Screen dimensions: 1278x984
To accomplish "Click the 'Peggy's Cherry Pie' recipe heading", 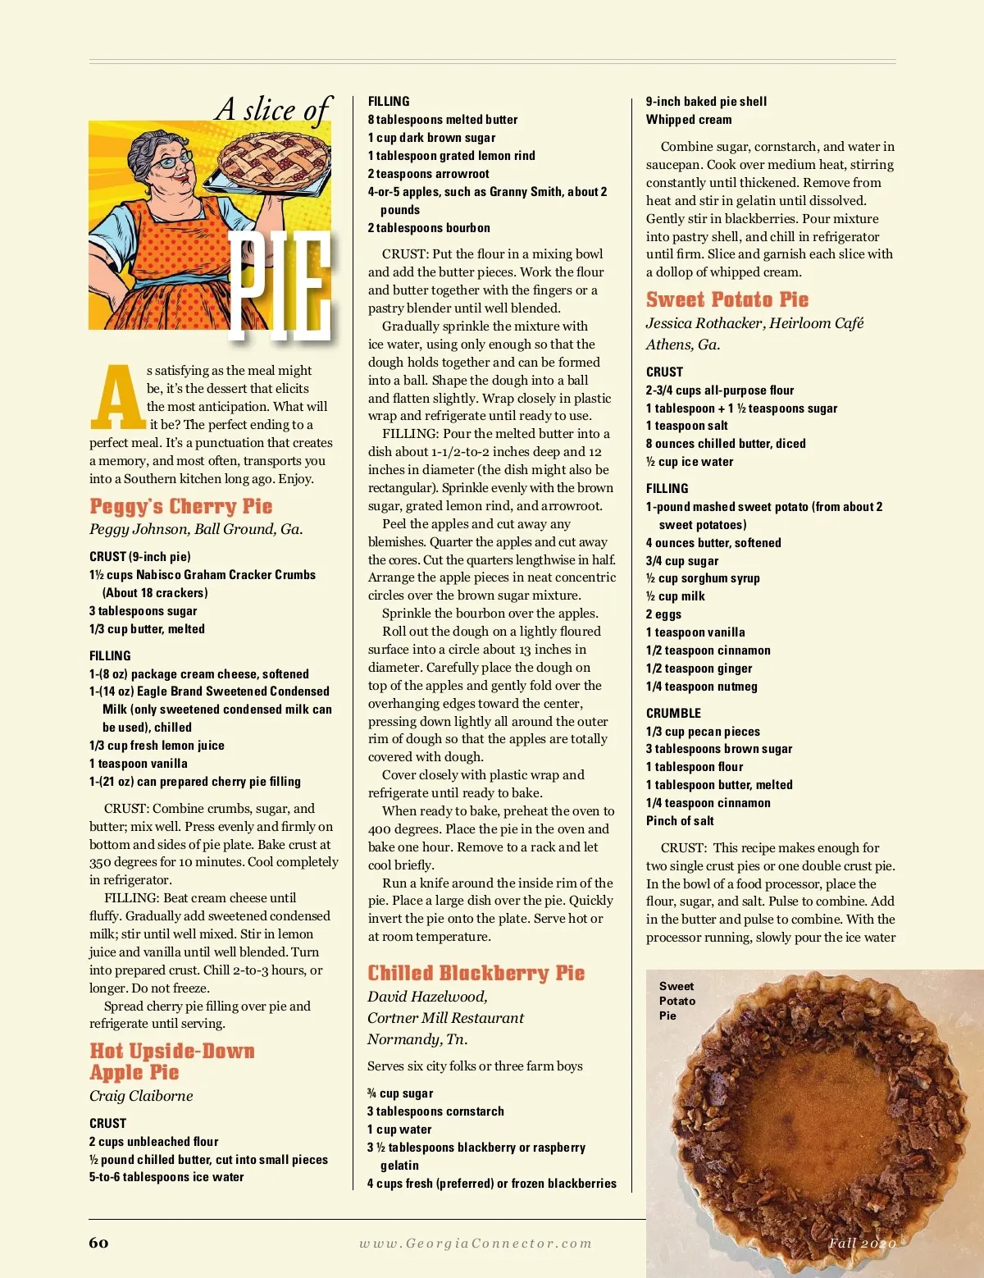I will click(x=181, y=506).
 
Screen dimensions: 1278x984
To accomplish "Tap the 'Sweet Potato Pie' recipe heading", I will click(x=727, y=299).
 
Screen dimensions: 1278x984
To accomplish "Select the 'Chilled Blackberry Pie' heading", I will click(x=476, y=973).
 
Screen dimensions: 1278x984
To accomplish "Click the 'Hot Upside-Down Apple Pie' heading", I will click(x=171, y=1061).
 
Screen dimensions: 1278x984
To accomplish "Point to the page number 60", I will click(x=98, y=1243).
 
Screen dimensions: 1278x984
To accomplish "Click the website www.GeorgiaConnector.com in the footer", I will click(x=475, y=1244).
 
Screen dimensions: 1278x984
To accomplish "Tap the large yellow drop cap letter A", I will click(x=118, y=398).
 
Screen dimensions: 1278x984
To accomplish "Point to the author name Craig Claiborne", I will click(x=141, y=1096).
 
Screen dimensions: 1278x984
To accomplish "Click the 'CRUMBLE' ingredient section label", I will click(x=673, y=713).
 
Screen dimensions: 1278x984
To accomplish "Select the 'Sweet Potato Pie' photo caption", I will click(x=676, y=1001).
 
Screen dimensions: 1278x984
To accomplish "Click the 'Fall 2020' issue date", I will click(x=861, y=1243).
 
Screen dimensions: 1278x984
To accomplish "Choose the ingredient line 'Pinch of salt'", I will click(x=680, y=821).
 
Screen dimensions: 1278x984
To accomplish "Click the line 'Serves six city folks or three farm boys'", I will click(x=475, y=1066).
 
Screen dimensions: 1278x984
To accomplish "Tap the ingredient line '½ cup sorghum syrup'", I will click(x=703, y=578).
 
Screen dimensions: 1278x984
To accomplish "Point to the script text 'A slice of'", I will click(x=274, y=108).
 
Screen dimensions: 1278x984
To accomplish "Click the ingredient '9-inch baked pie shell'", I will click(x=706, y=102).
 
